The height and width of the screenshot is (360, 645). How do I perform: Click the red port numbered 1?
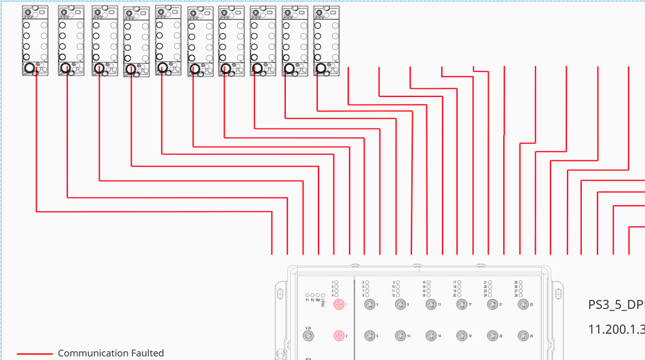click(x=338, y=304)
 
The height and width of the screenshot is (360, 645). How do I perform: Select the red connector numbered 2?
click(x=338, y=336)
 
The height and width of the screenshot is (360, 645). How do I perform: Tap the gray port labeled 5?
click(x=369, y=304)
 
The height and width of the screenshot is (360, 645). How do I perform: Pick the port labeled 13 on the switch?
click(x=430, y=304)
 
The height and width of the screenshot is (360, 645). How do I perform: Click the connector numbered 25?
click(x=523, y=304)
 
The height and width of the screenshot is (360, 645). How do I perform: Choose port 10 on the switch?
click(x=400, y=336)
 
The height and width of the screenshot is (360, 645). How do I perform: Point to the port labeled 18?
click(x=461, y=336)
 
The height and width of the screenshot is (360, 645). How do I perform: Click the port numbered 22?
click(x=492, y=336)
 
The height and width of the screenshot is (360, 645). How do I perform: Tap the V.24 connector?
click(x=308, y=336)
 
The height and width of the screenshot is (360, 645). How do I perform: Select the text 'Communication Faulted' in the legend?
click(x=111, y=353)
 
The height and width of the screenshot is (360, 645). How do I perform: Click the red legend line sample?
click(x=34, y=354)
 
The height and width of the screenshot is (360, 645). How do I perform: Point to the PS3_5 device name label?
click(x=615, y=305)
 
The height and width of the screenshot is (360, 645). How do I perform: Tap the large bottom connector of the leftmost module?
click(x=29, y=69)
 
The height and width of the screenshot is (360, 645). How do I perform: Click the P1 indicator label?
click(x=308, y=300)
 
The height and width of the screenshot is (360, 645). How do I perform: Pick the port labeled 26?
click(x=523, y=336)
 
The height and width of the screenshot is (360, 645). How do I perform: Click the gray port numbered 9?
click(x=400, y=304)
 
